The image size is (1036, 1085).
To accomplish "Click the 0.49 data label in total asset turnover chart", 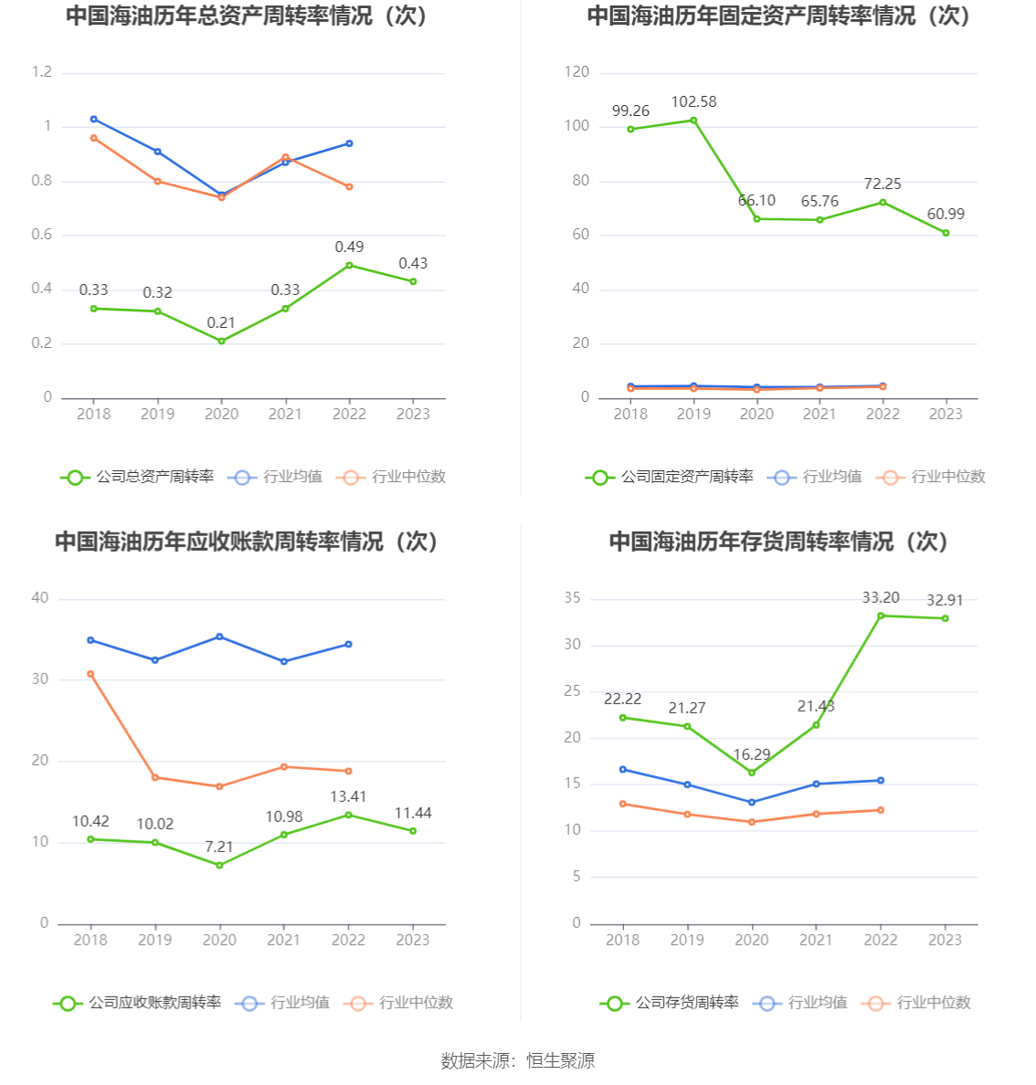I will point(349,247).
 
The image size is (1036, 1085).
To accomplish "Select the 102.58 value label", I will point(693,101).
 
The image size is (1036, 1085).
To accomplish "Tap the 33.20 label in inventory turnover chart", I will point(881,597).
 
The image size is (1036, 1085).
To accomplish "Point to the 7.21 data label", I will point(219,847).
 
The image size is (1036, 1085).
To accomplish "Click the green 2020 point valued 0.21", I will point(221,341).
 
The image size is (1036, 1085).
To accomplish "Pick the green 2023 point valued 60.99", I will point(946,233).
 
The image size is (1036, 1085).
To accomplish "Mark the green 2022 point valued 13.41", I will point(348,815).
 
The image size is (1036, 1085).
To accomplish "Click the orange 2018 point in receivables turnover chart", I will point(90,674).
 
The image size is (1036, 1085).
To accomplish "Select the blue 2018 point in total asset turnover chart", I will point(93,119).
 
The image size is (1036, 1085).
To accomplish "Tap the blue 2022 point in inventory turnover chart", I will point(881,780).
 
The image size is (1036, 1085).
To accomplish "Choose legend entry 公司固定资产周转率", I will point(671,477).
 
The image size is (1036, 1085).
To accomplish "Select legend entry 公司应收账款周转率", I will point(138,1003).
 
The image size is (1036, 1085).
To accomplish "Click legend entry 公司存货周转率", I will point(671,1003).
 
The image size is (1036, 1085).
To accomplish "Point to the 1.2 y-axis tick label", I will point(42,72).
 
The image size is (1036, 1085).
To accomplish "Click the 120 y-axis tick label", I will point(576,72).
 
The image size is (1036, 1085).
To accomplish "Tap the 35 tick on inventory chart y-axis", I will point(572,598).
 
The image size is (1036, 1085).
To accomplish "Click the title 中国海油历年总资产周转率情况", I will point(247,16).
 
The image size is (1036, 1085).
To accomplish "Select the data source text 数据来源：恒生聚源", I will point(518,1060).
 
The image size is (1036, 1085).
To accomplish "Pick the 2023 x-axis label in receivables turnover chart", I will point(413,940).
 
